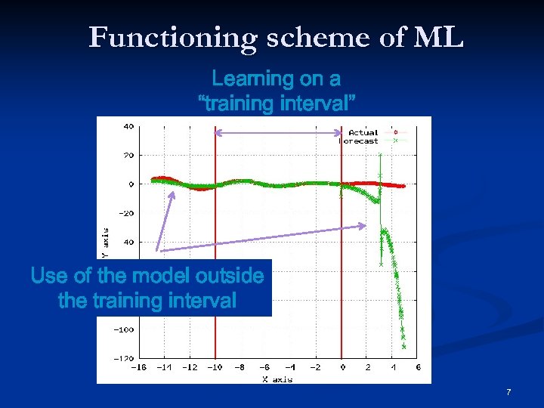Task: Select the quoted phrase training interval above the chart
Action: (277, 104)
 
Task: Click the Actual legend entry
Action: (363, 132)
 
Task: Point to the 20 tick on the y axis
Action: (128, 155)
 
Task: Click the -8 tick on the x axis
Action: (240, 368)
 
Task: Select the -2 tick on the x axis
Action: (316, 368)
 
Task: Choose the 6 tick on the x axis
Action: (418, 368)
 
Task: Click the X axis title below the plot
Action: (277, 379)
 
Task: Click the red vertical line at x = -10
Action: (215, 227)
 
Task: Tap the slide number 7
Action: (508, 392)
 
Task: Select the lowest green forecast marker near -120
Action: (404, 347)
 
